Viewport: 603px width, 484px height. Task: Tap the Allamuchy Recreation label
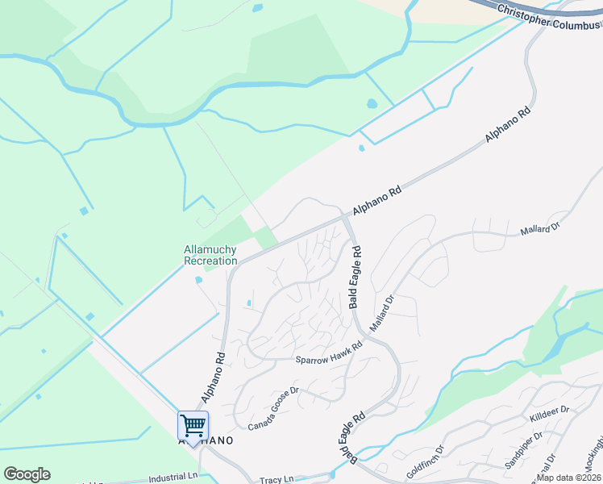(x=210, y=255)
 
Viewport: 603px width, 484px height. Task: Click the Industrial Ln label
(x=173, y=477)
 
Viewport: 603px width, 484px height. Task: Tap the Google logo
(x=27, y=474)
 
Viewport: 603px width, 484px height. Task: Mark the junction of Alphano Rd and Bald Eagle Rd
(x=347, y=218)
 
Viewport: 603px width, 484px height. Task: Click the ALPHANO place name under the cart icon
(x=206, y=440)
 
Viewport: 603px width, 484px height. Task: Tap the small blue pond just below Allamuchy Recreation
(x=198, y=281)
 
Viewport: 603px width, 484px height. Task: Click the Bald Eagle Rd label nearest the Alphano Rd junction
(x=356, y=277)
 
